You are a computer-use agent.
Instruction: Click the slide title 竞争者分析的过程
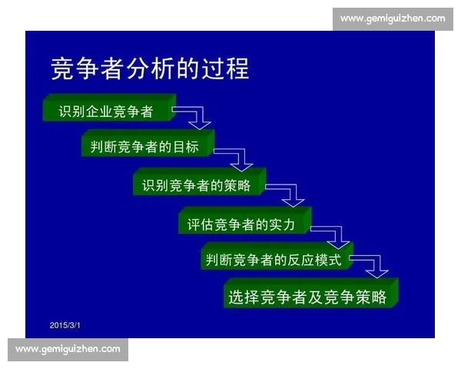point(150,68)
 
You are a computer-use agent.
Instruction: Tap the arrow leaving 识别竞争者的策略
point(288,194)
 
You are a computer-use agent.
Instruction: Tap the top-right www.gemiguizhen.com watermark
point(392,18)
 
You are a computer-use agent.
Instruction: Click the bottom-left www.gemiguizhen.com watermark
point(68,349)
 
